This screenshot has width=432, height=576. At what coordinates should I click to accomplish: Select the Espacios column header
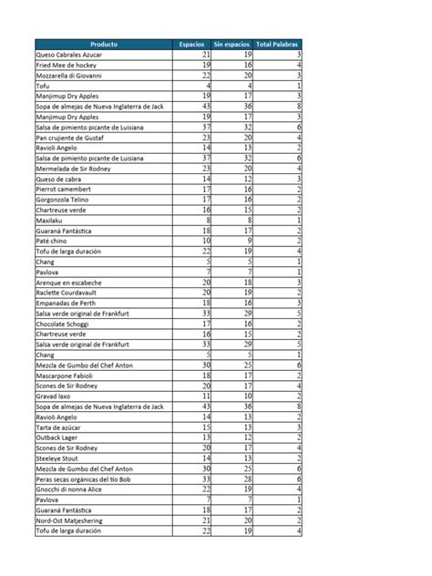tap(191, 45)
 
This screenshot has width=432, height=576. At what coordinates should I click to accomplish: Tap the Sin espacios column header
tap(231, 45)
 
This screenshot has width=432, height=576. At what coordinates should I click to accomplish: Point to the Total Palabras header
tap(280, 45)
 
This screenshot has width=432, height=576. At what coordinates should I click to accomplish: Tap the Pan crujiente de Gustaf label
tap(73, 138)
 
